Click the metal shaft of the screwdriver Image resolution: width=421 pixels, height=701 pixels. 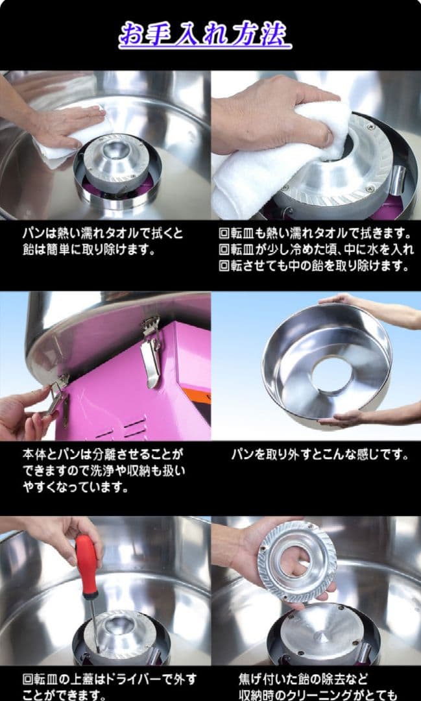(x=94, y=623)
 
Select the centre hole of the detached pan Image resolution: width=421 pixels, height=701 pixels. (x=330, y=375)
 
